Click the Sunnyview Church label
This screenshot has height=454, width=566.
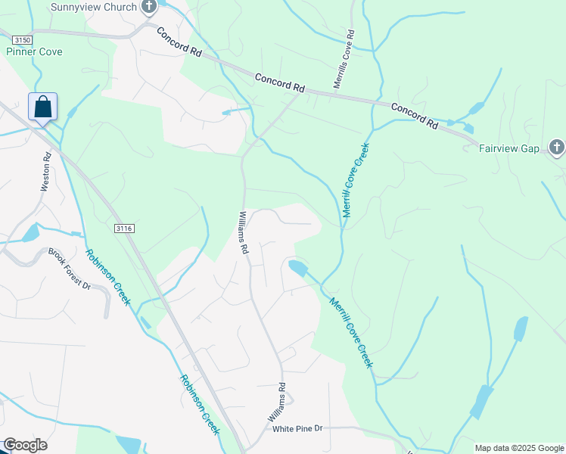coord(94,7)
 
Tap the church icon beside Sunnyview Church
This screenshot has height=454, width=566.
coord(149,7)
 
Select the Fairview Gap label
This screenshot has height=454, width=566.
coord(509,148)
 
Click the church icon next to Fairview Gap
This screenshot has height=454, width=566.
coord(556,148)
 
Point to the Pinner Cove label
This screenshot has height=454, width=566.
coord(34,51)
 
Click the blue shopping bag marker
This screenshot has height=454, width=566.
coord(43,107)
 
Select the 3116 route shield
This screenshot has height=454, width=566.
coord(125,228)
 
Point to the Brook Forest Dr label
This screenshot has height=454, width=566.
coord(70,269)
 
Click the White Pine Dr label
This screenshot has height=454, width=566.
coord(297,428)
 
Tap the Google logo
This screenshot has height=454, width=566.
coord(25,445)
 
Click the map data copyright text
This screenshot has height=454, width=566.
coord(518,448)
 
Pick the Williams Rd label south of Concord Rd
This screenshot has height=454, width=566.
coord(244,232)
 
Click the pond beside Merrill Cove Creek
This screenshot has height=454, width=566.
coord(297,268)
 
